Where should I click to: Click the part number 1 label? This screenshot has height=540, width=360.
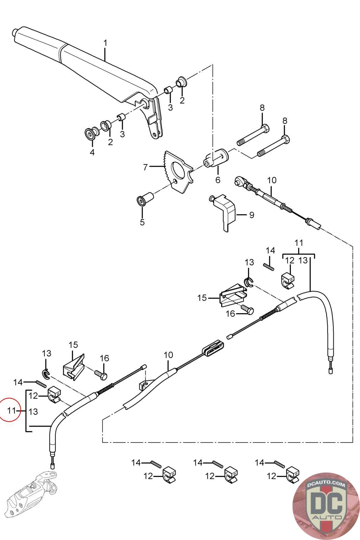point(105,44)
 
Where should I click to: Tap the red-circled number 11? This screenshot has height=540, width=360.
point(11,410)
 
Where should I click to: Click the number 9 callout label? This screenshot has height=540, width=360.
point(252,215)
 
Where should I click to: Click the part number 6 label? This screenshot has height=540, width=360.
point(218,180)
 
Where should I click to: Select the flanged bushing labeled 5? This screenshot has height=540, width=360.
point(144,198)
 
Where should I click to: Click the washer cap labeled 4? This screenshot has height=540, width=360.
point(91,134)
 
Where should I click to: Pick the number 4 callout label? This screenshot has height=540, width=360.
point(92,152)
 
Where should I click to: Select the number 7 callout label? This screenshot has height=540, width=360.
point(145,167)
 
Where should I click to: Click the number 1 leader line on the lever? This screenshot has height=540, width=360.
point(105,54)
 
